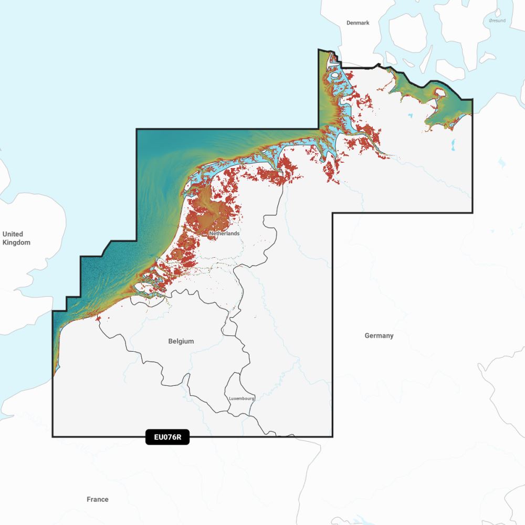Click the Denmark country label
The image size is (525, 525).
tap(358, 23)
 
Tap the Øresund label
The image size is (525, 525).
tap(498, 20)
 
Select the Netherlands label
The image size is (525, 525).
tap(224, 233)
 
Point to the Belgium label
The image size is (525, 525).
tap(181, 341)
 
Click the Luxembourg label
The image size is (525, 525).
tap(241, 398)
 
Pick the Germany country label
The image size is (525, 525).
tap(379, 335)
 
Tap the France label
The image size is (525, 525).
tap(98, 499)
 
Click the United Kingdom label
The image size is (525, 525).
tap(16, 238)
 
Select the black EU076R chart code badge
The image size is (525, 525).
tap(167, 437)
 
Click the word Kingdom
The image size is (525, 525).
tap(16, 243)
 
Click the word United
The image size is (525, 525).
tap(13, 234)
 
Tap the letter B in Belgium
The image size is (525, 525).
tap(171, 341)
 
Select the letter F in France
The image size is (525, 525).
tap(89, 499)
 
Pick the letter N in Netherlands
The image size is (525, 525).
tap(211, 233)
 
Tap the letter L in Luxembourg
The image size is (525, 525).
tap(230, 398)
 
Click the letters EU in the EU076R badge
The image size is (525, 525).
tap(158, 437)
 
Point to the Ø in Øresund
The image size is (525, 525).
tap(490, 20)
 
